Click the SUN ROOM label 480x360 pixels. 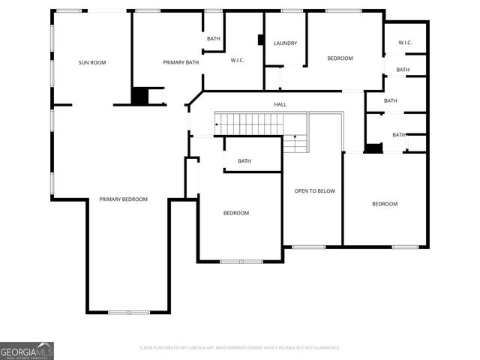tap(92, 62)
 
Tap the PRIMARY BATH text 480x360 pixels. tap(180, 62)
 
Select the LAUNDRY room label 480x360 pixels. tap(285, 43)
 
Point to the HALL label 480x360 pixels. tap(280, 104)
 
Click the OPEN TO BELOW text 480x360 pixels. tap(314, 191)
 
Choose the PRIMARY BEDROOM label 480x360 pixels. tap(123, 199)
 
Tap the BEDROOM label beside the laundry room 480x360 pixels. tap(340, 58)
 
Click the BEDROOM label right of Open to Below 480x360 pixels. tap(385, 204)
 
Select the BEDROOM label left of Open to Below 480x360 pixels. tap(235, 213)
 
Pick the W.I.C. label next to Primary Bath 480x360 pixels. tap(238, 61)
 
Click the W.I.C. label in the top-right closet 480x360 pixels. tap(405, 43)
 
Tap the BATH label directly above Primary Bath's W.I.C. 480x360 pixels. tap(213, 38)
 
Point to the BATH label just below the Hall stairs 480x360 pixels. tap(244, 161)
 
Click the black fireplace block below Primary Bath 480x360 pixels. tap(139, 97)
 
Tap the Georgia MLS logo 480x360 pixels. tap(27, 351)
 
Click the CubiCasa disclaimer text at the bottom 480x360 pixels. tap(240, 348)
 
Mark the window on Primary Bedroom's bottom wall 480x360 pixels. tap(128, 312)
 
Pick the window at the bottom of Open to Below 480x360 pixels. tap(308, 247)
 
